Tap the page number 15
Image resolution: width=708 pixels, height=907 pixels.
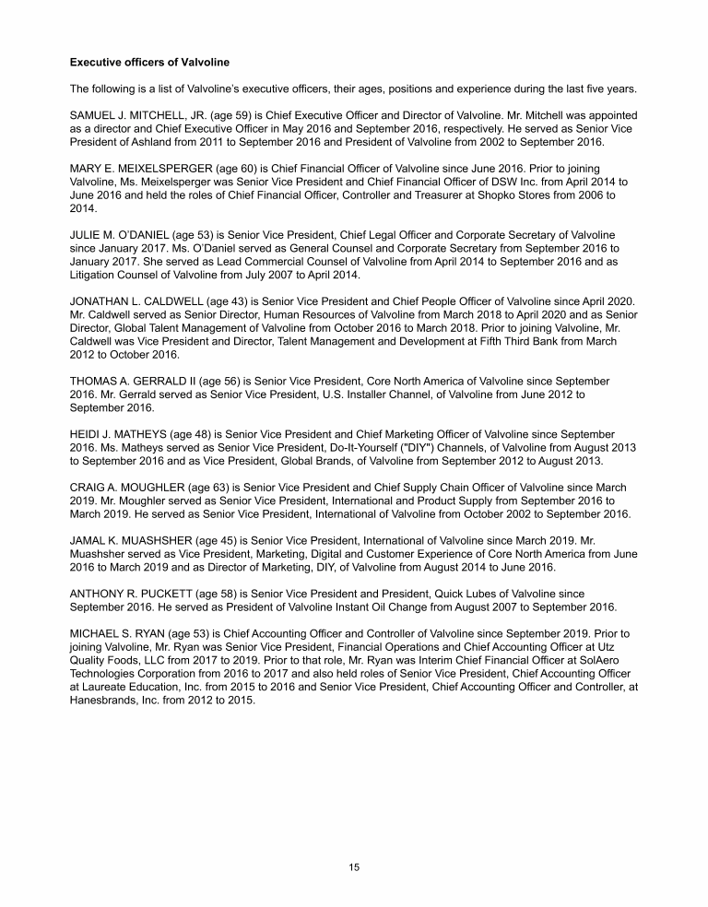pyautogui.click(x=354, y=867)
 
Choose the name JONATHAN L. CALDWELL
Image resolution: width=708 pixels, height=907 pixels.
pyautogui.click(x=139, y=301)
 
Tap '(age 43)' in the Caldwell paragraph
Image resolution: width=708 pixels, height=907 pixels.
pyautogui.click(x=238, y=301)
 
